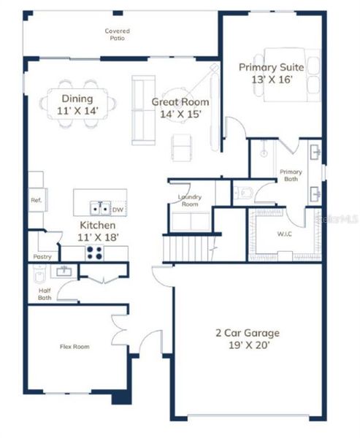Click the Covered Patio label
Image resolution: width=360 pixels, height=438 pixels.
point(118,34)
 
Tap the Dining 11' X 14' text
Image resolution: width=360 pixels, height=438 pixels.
point(77,104)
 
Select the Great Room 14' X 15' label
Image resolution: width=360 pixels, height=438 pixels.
point(180,107)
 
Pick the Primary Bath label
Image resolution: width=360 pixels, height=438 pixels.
point(291,175)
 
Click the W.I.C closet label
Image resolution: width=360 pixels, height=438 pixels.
point(284,234)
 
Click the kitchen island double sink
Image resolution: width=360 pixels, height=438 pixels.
point(100,209)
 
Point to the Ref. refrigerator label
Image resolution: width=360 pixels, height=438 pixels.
point(36,200)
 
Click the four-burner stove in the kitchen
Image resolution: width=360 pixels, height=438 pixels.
point(95,252)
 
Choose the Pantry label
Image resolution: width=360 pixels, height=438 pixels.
point(42,257)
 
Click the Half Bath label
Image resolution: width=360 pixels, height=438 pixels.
point(44,293)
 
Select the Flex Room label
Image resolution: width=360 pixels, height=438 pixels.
point(74,347)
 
